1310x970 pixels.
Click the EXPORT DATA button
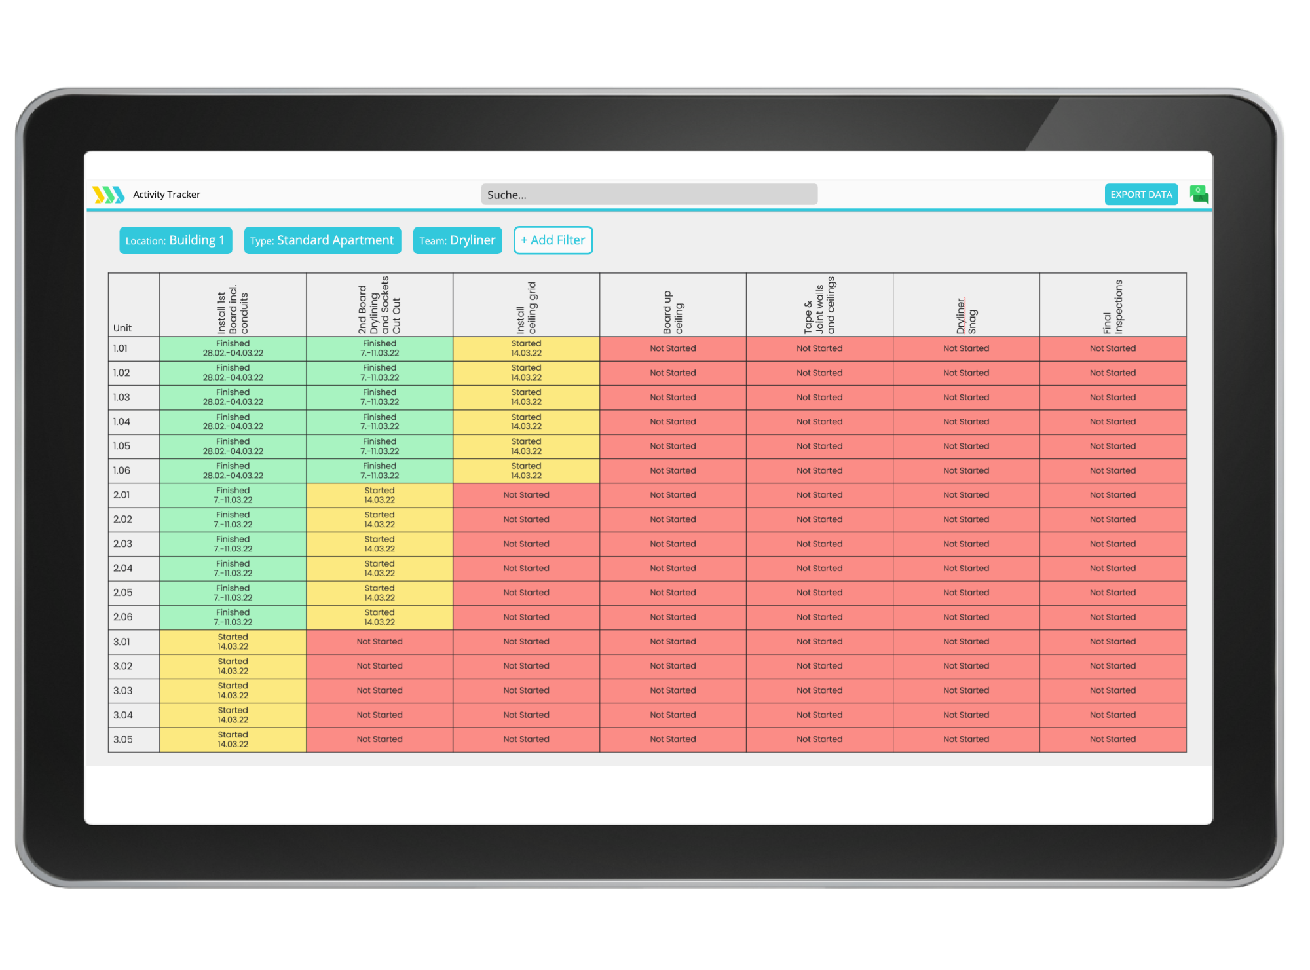(1141, 195)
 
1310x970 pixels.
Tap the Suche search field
(648, 195)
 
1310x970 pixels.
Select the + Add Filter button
(553, 240)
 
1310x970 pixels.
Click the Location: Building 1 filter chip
(175, 240)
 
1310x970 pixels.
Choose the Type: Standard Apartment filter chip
(322, 240)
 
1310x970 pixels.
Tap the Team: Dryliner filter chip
(457, 240)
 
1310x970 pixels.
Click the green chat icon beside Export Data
(1199, 195)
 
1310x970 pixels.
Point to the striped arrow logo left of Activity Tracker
(108, 195)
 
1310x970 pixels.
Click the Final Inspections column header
(1112, 306)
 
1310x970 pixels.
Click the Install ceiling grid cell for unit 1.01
(526, 348)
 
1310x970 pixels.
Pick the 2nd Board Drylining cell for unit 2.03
(379, 544)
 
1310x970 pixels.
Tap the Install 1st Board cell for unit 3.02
(233, 666)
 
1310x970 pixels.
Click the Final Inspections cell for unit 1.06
(1112, 471)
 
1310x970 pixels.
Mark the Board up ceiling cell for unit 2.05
(673, 593)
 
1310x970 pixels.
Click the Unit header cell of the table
(134, 306)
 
